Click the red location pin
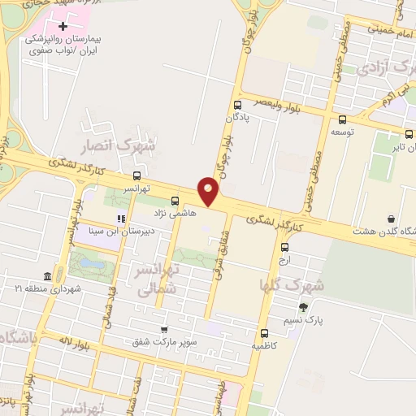(x=210, y=189)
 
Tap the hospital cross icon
(x=64, y=28)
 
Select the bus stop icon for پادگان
(x=237, y=105)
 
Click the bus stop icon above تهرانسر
(x=136, y=175)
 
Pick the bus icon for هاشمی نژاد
(x=175, y=201)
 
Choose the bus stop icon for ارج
(x=284, y=248)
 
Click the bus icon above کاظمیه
(x=264, y=333)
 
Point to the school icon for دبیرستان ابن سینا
(x=121, y=218)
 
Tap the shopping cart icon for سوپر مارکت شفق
(x=165, y=330)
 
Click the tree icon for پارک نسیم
(x=304, y=307)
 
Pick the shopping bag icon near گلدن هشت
(x=392, y=219)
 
